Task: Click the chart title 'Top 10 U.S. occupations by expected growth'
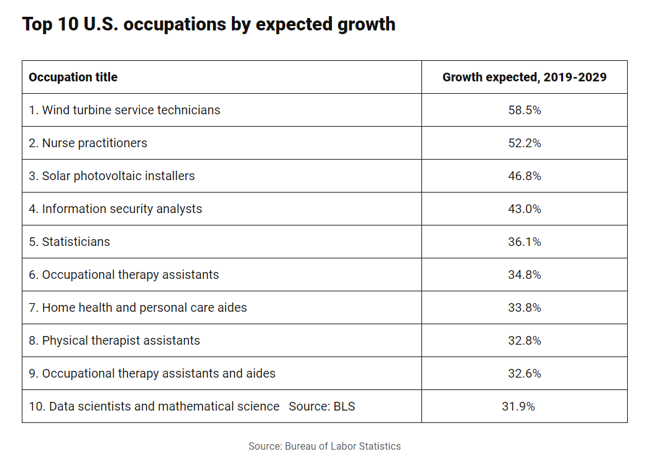(208, 24)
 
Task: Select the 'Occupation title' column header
(73, 77)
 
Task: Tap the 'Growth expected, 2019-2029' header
(524, 77)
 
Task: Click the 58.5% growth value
(525, 110)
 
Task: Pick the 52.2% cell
(525, 143)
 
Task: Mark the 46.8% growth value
(525, 176)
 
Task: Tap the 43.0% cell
(525, 209)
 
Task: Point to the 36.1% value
(525, 242)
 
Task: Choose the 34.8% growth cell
(525, 275)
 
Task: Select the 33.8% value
(525, 307)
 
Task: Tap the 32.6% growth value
(525, 373)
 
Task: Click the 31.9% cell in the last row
(518, 406)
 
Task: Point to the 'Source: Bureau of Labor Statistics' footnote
(324, 446)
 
